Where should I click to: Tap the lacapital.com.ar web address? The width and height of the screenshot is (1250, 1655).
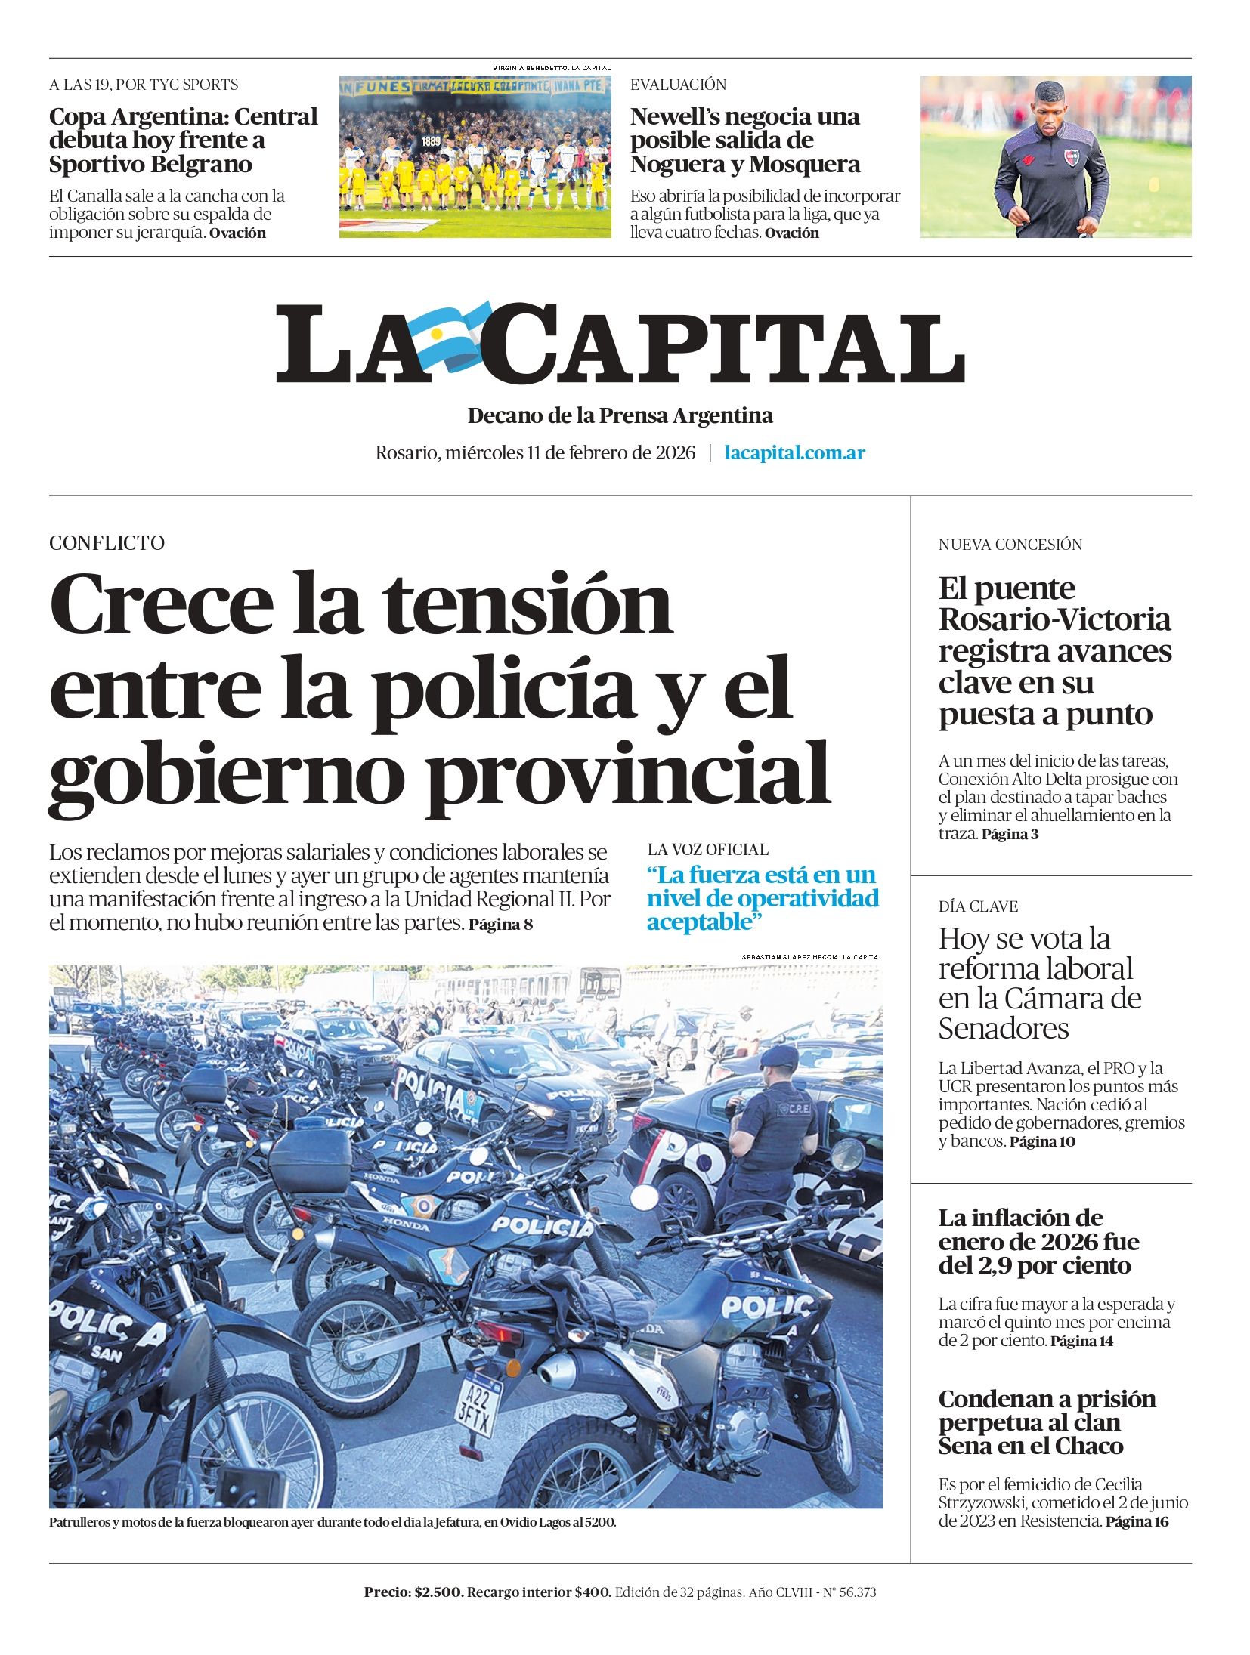pos(794,453)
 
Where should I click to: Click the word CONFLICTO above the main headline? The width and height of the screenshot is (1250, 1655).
pos(107,543)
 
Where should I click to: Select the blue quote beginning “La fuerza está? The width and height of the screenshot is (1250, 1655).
pos(763,898)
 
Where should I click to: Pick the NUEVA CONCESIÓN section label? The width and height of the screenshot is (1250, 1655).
pos(1010,545)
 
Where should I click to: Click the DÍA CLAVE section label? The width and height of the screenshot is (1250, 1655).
pos(978,906)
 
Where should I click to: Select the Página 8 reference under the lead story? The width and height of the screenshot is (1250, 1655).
pos(500,925)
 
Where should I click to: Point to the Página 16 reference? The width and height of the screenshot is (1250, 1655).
pos(1137,1522)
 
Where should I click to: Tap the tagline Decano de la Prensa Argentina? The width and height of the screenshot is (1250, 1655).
pos(620,416)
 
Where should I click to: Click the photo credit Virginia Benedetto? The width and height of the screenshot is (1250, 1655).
pos(551,68)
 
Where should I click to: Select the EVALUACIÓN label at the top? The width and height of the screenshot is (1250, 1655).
pos(678,85)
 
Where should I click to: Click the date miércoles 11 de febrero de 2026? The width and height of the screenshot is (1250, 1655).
pos(570,453)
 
